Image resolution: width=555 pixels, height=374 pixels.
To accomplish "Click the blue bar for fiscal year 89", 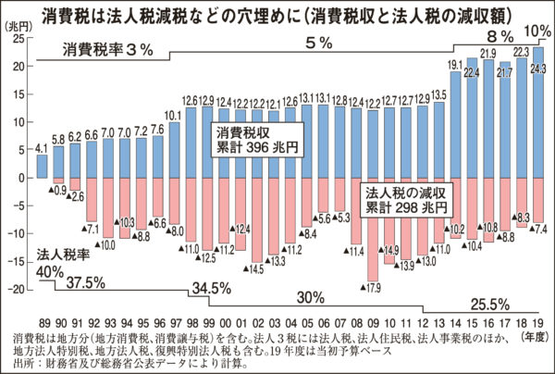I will pos(42,166).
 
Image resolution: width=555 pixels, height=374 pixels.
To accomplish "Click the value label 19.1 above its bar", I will pos(455,65).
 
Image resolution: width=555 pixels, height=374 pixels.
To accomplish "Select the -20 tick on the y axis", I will pos(21,289).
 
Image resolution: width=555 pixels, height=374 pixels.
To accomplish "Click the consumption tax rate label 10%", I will pos(537,32).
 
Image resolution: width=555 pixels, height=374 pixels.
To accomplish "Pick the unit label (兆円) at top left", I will pos(21,27).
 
